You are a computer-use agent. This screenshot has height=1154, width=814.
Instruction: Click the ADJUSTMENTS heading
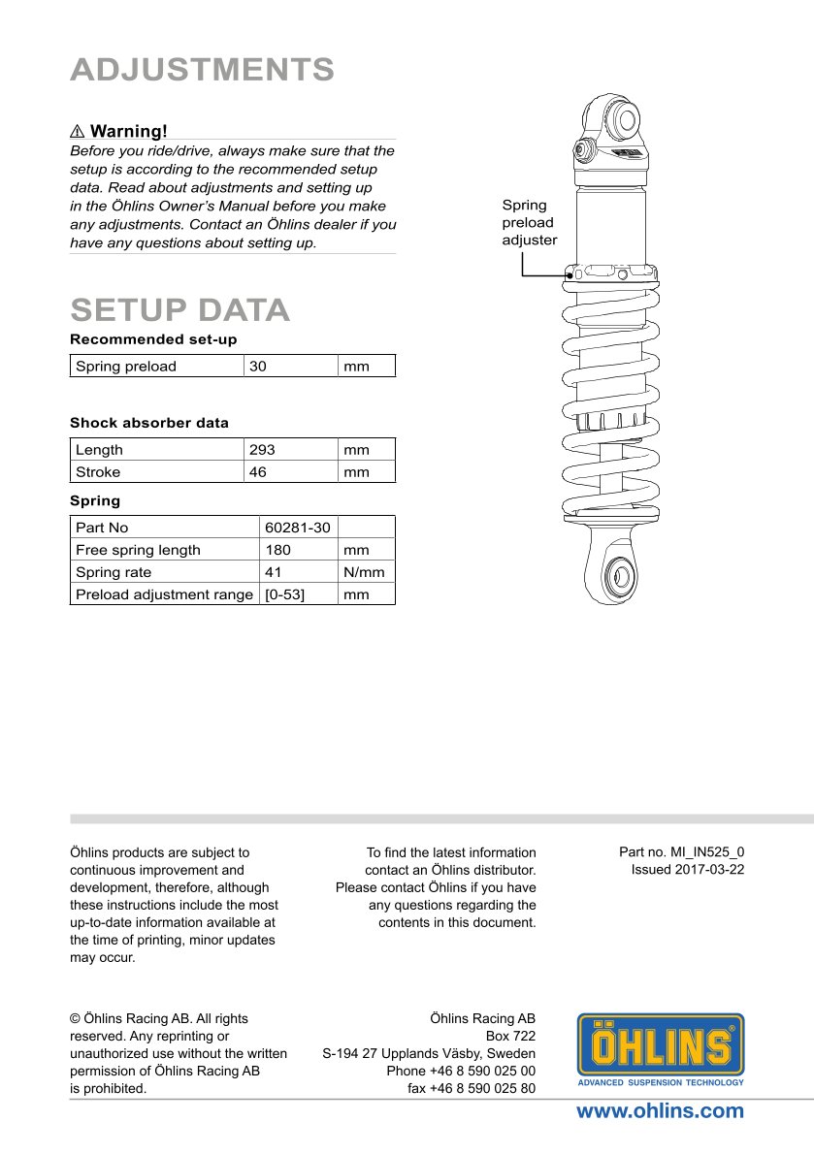coord(203,70)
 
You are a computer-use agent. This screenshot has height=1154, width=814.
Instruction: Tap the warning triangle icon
coord(78,131)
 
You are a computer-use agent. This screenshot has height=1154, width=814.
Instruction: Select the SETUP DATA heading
coord(180,309)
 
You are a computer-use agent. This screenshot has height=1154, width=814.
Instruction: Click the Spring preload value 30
coord(258,367)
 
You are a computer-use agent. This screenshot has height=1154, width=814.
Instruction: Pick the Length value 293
coord(262,450)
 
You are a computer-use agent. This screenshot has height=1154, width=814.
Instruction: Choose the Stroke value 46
coord(258,472)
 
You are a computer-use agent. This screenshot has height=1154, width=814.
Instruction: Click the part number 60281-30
coord(298,528)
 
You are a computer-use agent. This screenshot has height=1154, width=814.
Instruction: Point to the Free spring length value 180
coord(277,550)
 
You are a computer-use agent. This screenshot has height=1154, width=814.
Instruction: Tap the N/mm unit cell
coord(364,572)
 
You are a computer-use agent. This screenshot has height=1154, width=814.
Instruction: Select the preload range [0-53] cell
coord(284,594)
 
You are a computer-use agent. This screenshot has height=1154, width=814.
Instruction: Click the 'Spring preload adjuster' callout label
coord(530,222)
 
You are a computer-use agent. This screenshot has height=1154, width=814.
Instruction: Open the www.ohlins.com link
coord(660,1111)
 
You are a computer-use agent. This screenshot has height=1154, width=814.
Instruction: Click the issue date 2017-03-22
coord(688,869)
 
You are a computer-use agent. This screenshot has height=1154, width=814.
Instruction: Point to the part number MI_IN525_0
coord(682,851)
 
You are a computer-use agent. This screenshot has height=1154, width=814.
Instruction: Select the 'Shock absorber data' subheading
coord(149,423)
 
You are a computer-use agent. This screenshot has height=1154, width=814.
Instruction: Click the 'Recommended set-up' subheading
coord(153,339)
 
